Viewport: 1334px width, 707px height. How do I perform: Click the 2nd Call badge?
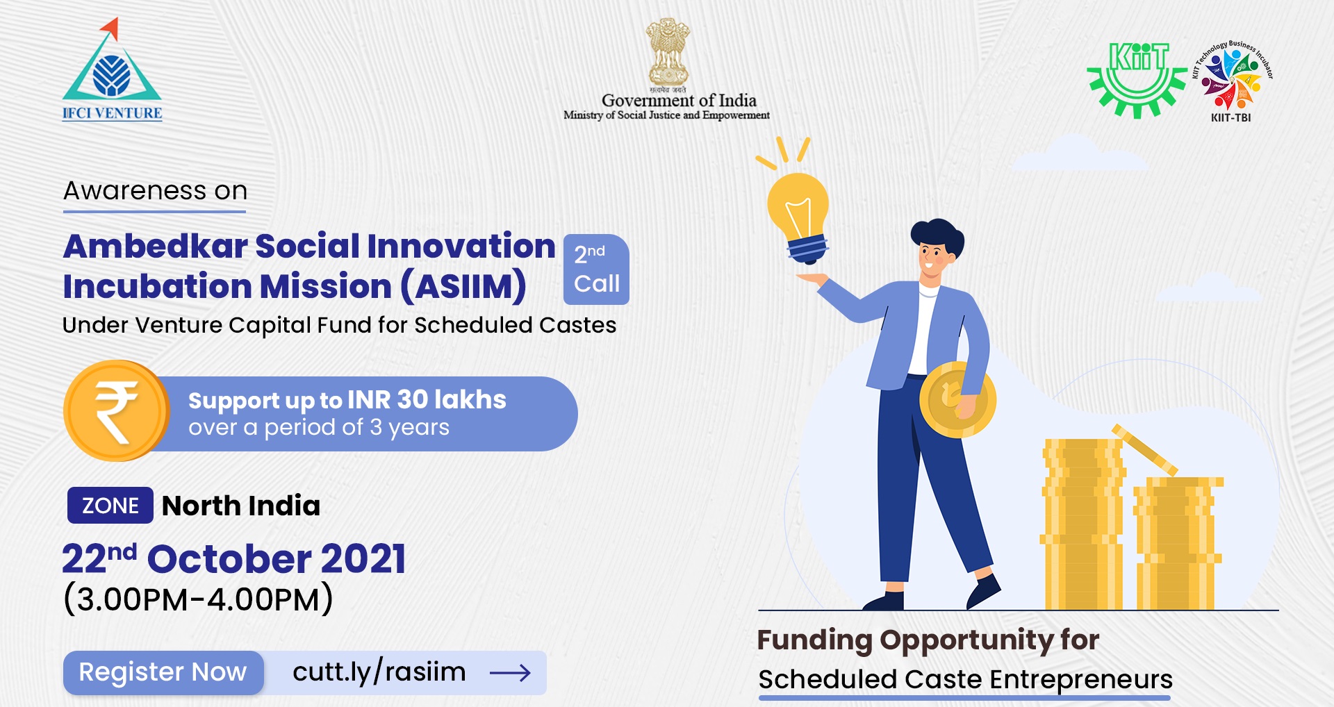click(596, 269)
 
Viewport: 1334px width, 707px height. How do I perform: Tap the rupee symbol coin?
click(116, 410)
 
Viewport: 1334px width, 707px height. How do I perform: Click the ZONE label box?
click(110, 505)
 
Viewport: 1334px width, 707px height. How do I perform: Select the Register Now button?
click(163, 672)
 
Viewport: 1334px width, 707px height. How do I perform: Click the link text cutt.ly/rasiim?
click(379, 672)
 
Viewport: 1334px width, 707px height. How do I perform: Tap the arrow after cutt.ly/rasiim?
click(510, 672)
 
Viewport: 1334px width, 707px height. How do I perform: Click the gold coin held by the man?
click(957, 400)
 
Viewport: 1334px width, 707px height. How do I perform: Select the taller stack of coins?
click(1082, 524)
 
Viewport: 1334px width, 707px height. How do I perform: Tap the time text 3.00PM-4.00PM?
click(198, 599)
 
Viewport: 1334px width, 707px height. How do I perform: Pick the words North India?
click(241, 506)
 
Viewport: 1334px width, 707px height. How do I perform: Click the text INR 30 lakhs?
click(427, 399)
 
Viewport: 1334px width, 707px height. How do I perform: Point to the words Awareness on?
click(156, 190)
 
